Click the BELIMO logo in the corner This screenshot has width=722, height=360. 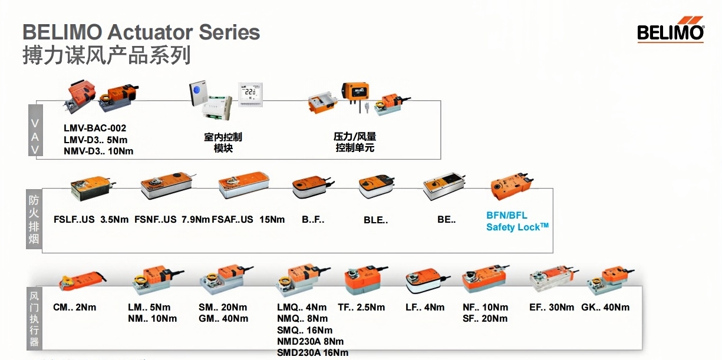click(671, 32)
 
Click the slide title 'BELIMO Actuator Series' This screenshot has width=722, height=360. click(141, 32)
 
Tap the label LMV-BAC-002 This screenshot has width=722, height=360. click(95, 128)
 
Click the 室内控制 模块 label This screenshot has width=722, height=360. click(223, 143)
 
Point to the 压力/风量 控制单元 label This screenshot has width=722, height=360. click(355, 143)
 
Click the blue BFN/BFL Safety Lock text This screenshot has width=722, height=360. click(517, 222)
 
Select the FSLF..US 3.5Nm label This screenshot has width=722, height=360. click(91, 220)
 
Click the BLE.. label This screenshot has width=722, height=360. click(375, 220)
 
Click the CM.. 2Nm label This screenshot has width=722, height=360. click(74, 308)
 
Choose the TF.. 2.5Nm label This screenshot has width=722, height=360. click(361, 308)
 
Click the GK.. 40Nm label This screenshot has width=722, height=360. click(605, 308)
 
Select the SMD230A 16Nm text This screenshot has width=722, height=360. click(312, 352)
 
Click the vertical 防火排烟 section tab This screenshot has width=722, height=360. click(34, 220)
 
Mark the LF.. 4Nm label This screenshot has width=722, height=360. click(425, 308)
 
